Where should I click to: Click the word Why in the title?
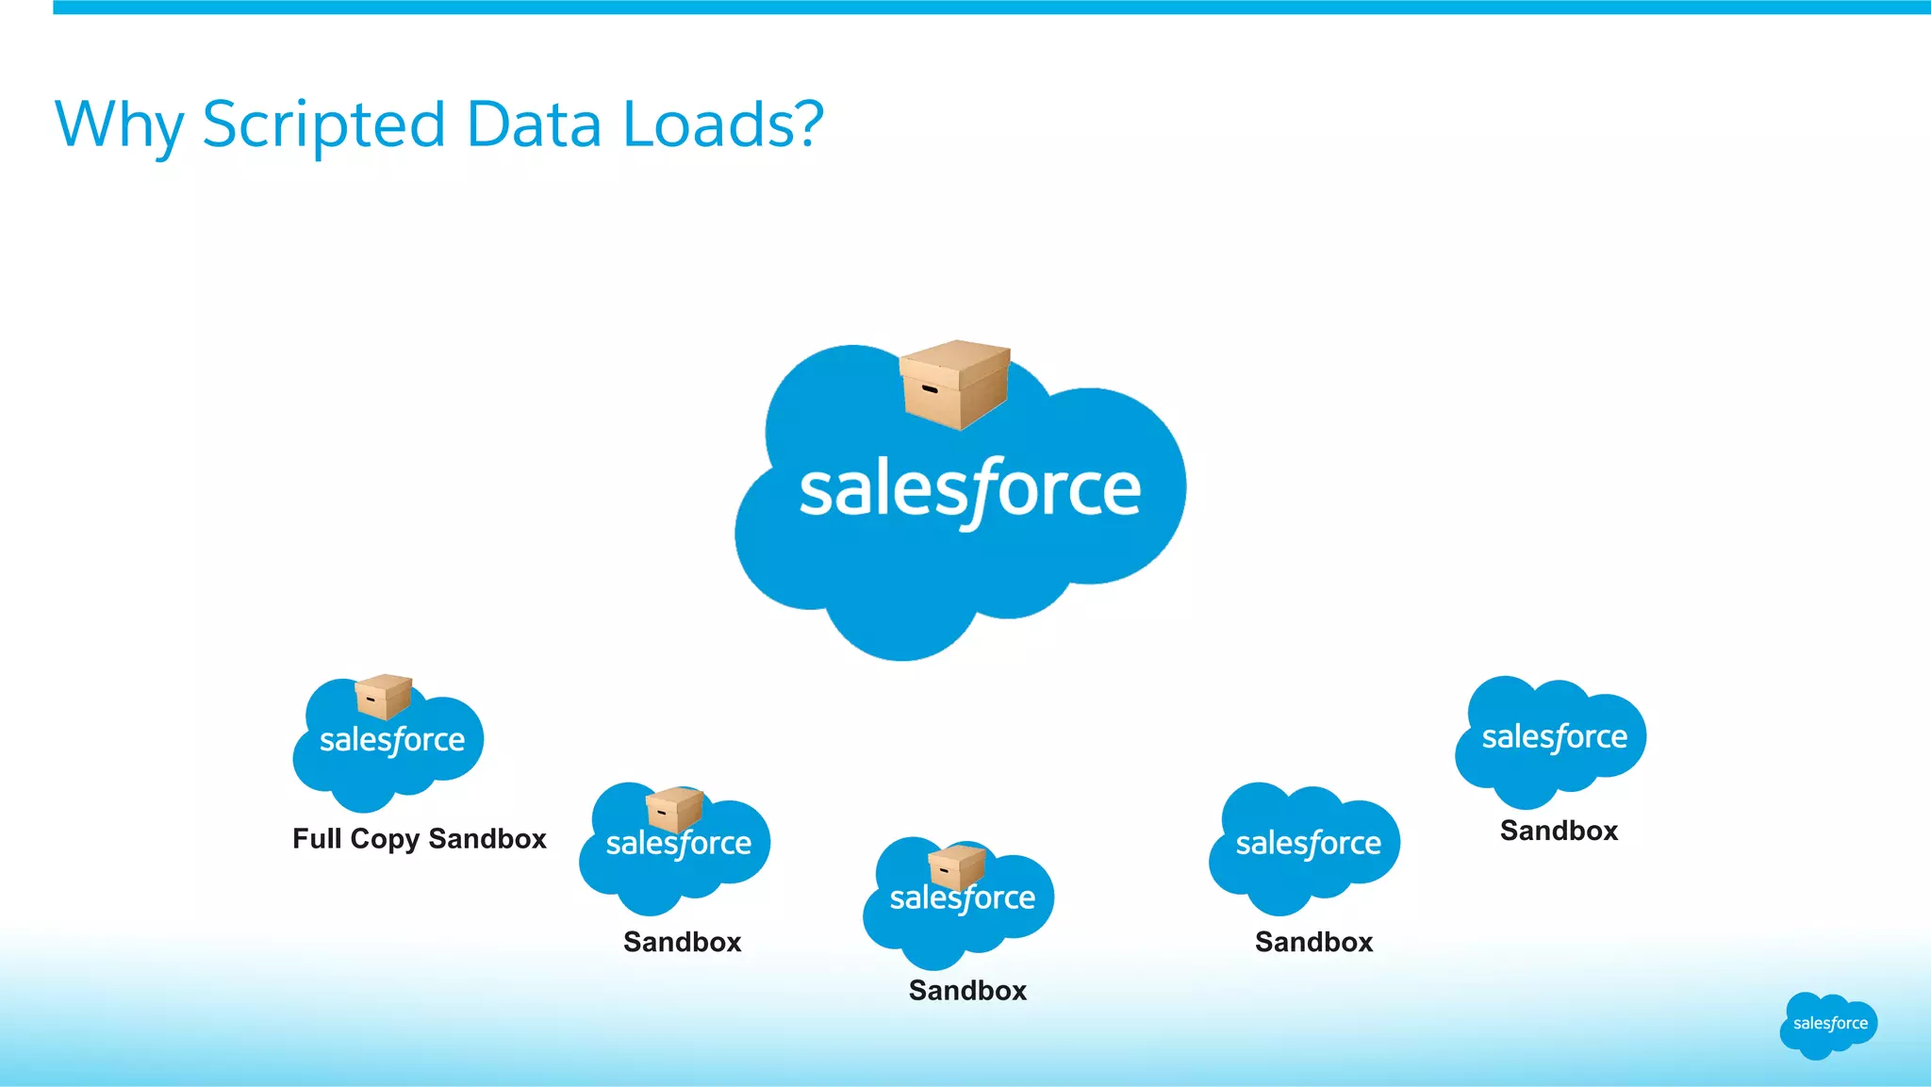(x=119, y=125)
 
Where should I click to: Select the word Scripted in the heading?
(x=323, y=125)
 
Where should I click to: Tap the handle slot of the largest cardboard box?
(x=929, y=388)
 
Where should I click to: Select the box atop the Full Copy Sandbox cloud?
(x=384, y=697)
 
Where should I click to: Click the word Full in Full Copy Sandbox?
(x=317, y=838)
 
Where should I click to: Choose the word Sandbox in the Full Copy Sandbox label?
(x=487, y=838)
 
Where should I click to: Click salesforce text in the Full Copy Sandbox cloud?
(x=392, y=740)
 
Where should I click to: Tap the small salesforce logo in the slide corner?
(x=1829, y=1024)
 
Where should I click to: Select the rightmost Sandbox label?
(x=1559, y=831)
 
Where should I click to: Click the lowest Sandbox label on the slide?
(x=967, y=990)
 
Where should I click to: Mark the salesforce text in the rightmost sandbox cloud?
(x=1554, y=737)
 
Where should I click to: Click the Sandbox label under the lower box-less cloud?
(x=1313, y=942)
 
